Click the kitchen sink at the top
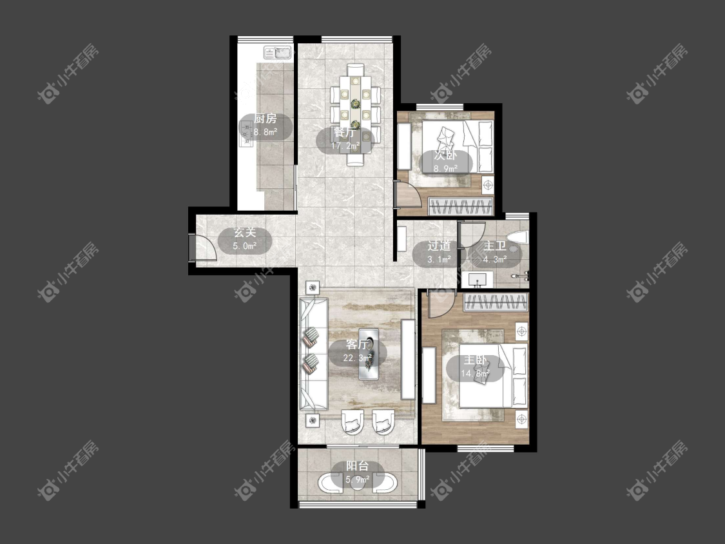278,53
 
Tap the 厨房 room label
266,119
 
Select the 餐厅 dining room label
345,133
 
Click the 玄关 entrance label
245,233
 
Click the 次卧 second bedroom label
445,155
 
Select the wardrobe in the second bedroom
460,206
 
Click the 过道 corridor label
439,246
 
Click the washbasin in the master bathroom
477,279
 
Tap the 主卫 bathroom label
494,246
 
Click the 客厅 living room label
358,344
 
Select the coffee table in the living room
369,354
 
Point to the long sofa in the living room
313,354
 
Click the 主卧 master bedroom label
476,360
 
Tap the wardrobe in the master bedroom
496,302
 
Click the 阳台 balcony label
358,466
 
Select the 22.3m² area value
358,358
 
